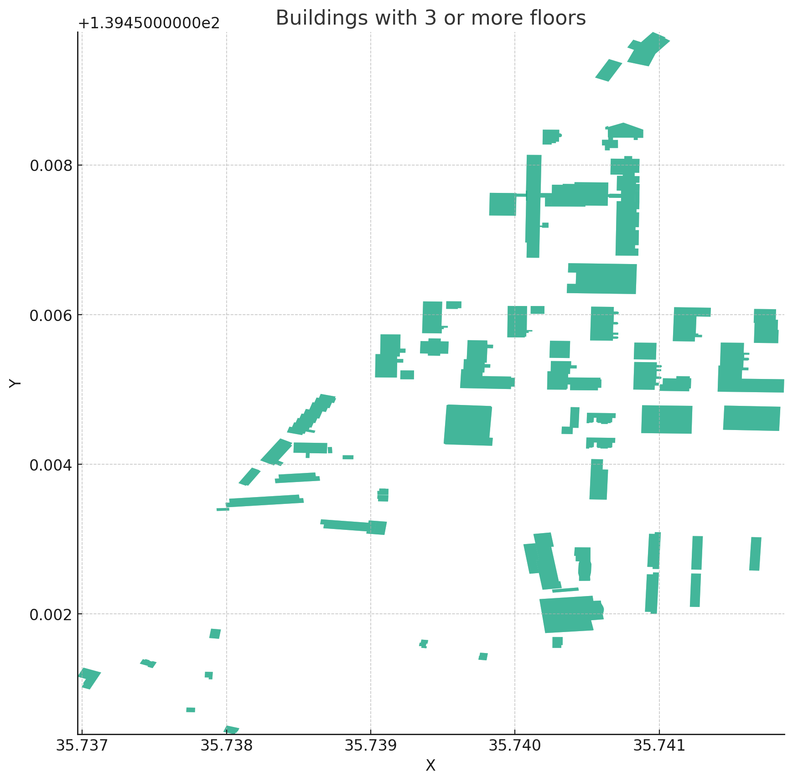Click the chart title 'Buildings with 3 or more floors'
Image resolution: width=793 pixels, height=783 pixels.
pos(430,18)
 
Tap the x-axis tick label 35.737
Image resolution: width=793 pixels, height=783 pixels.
pos(82,746)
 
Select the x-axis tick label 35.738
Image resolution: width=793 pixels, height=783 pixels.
pos(227,746)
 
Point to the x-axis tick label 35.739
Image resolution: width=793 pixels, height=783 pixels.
pos(370,746)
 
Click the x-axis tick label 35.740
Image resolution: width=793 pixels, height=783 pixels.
pos(515,746)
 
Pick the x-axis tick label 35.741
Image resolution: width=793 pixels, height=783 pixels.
pos(659,746)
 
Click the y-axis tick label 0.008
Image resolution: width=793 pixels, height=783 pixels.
pos(51,166)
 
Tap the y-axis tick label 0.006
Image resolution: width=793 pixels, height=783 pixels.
pos(51,315)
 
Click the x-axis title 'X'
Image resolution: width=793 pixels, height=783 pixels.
pos(430,766)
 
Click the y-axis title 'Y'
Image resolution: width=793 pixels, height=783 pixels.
pos(15,383)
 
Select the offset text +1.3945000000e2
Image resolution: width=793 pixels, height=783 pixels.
pos(149,23)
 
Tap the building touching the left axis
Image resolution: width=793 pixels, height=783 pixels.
pos(89,678)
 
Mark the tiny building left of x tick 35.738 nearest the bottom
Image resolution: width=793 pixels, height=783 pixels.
pos(191,710)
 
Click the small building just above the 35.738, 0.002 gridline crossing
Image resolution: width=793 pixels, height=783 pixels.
pos(215,633)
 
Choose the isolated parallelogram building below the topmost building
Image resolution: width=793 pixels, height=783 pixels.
pos(609,71)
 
